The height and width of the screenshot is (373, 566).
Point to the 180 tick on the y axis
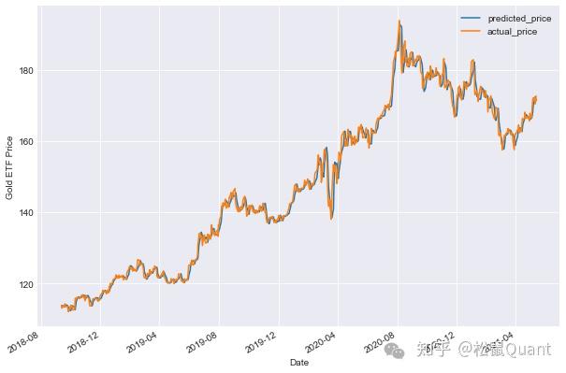[25, 70]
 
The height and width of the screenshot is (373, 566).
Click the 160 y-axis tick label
[25, 142]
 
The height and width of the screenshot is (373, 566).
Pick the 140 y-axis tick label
[25, 213]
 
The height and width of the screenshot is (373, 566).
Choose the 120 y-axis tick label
[25, 284]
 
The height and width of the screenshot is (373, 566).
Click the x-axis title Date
[299, 362]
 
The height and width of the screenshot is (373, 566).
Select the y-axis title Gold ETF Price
[9, 167]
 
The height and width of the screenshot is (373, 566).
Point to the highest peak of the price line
[399, 22]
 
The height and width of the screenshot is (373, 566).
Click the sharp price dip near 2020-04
[330, 218]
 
